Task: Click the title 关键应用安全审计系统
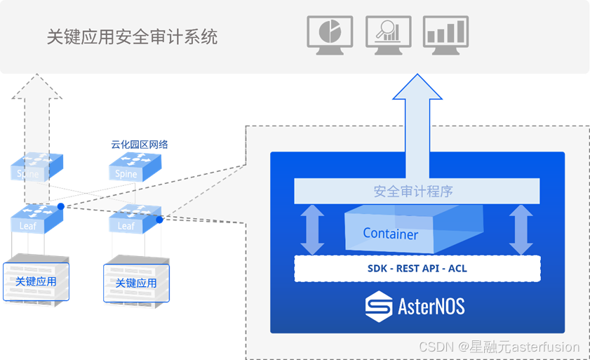(132, 36)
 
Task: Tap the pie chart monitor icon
(330, 34)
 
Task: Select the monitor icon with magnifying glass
(388, 34)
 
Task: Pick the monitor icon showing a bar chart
(445, 34)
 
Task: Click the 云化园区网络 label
(139, 145)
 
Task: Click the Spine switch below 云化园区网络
(134, 168)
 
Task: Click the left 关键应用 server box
(36, 280)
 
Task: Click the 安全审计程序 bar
(417, 191)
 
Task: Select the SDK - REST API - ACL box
(417, 268)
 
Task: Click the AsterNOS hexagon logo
(380, 306)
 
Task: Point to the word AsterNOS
(431, 307)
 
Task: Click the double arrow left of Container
(311, 229)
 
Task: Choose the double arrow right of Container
(521, 229)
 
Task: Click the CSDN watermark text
(499, 347)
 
